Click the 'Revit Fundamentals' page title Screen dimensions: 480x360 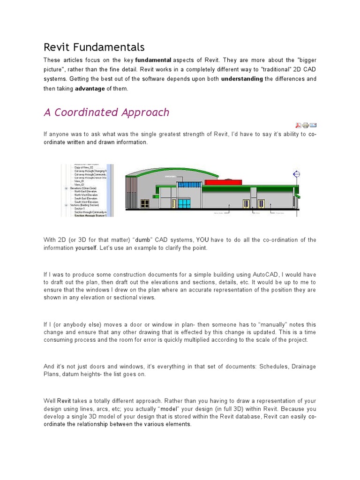click(x=94, y=47)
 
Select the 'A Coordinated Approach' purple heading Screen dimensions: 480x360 click(x=106, y=112)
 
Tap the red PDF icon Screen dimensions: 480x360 click(x=298, y=125)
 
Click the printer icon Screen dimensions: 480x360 click(x=305, y=125)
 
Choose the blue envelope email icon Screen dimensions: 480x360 click(x=313, y=125)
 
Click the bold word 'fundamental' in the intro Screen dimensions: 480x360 click(x=153, y=60)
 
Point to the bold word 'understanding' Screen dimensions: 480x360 click(x=242, y=79)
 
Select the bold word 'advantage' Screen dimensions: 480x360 click(x=90, y=89)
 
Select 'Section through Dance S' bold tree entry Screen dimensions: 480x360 click(x=90, y=216)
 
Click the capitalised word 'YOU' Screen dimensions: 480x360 click(x=202, y=240)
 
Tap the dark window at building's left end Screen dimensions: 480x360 click(x=145, y=203)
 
